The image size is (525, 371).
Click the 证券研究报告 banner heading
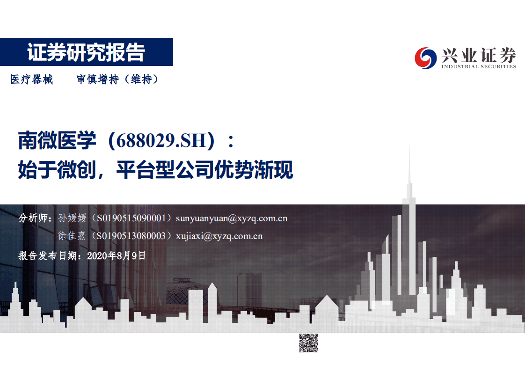point(86,52)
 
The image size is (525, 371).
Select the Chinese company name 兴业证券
point(478,56)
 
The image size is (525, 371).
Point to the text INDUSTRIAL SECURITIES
point(478,66)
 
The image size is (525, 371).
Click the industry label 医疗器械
point(32,80)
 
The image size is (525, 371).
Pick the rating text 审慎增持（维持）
point(118,80)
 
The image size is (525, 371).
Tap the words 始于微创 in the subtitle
point(57,170)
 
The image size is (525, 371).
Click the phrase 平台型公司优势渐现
point(204,170)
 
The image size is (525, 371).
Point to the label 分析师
point(33,218)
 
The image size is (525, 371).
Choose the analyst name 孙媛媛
point(72,218)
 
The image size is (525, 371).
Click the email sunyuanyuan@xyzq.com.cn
point(231,218)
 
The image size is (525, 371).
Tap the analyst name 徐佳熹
point(72,236)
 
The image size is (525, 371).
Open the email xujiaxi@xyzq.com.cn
point(219,236)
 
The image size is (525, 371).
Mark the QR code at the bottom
point(308,343)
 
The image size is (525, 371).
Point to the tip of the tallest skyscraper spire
point(409,144)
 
